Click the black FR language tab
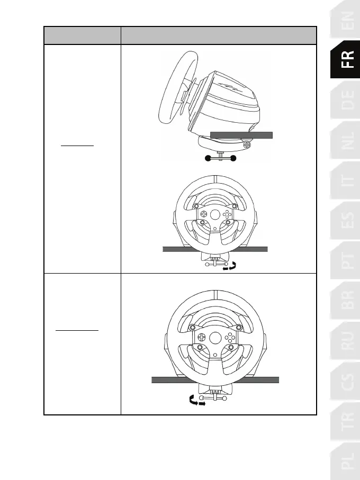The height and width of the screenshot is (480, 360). [345, 59]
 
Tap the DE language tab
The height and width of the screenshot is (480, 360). [345, 99]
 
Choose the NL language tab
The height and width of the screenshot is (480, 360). [345, 140]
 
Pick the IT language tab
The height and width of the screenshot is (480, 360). [345, 180]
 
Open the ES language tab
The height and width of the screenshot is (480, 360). [345, 220]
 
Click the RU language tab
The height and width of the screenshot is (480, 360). [345, 340]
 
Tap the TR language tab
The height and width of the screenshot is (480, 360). [345, 421]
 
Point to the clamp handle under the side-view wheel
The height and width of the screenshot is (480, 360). [220, 158]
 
